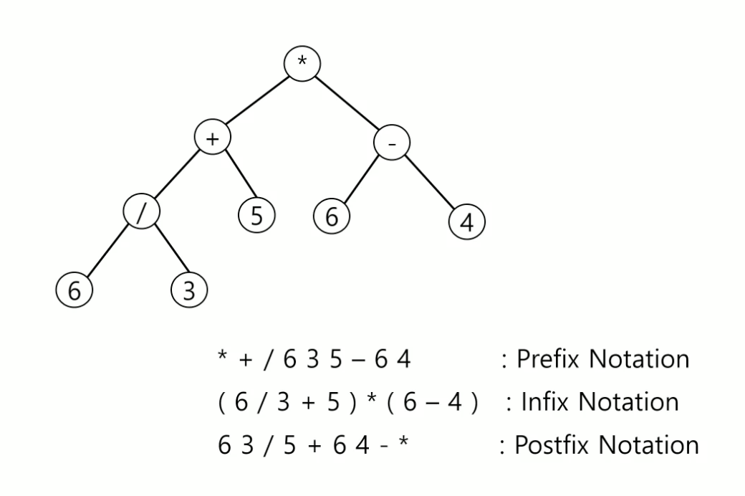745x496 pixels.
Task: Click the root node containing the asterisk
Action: [302, 63]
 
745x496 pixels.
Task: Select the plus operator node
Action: [212, 138]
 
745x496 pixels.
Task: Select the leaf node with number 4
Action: [466, 223]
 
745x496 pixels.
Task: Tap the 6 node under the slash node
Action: [73, 290]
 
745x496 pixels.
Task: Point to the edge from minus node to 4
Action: [429, 183]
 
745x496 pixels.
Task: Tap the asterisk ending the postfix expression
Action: [405, 443]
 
